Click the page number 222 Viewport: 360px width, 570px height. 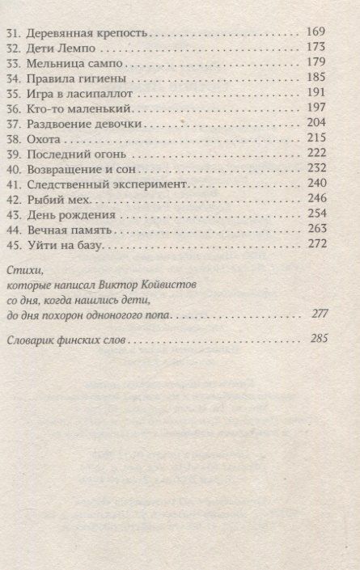316,154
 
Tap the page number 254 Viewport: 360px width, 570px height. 316,214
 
